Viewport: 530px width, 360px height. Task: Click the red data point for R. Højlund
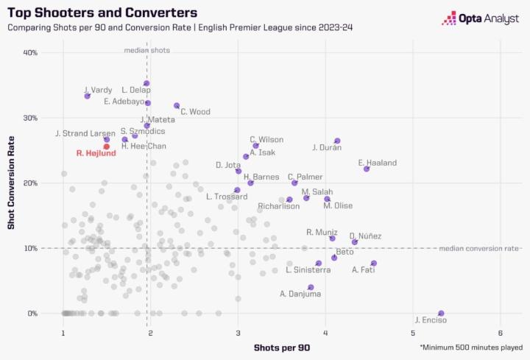coord(107,147)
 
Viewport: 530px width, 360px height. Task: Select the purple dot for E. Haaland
coord(367,169)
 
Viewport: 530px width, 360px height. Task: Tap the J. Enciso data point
coord(441,313)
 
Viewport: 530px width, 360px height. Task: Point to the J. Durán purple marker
coord(337,141)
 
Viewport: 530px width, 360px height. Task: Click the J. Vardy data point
coord(88,96)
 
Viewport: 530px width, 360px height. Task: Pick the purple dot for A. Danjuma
coord(311,287)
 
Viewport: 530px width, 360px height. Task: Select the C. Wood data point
coord(177,105)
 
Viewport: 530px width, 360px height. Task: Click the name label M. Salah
coord(317,191)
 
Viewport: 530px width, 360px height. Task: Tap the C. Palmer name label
coord(304,177)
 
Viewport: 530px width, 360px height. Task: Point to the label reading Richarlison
coord(279,206)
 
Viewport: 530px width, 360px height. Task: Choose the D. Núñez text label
coord(365,236)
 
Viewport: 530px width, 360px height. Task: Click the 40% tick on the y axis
coord(30,53)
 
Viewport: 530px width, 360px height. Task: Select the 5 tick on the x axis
coord(413,332)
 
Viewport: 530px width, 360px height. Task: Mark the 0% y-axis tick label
coord(33,314)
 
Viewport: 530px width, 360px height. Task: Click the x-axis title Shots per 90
coord(281,347)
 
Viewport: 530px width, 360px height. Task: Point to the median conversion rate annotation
coord(479,248)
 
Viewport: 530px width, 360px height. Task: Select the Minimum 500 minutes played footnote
coord(471,347)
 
